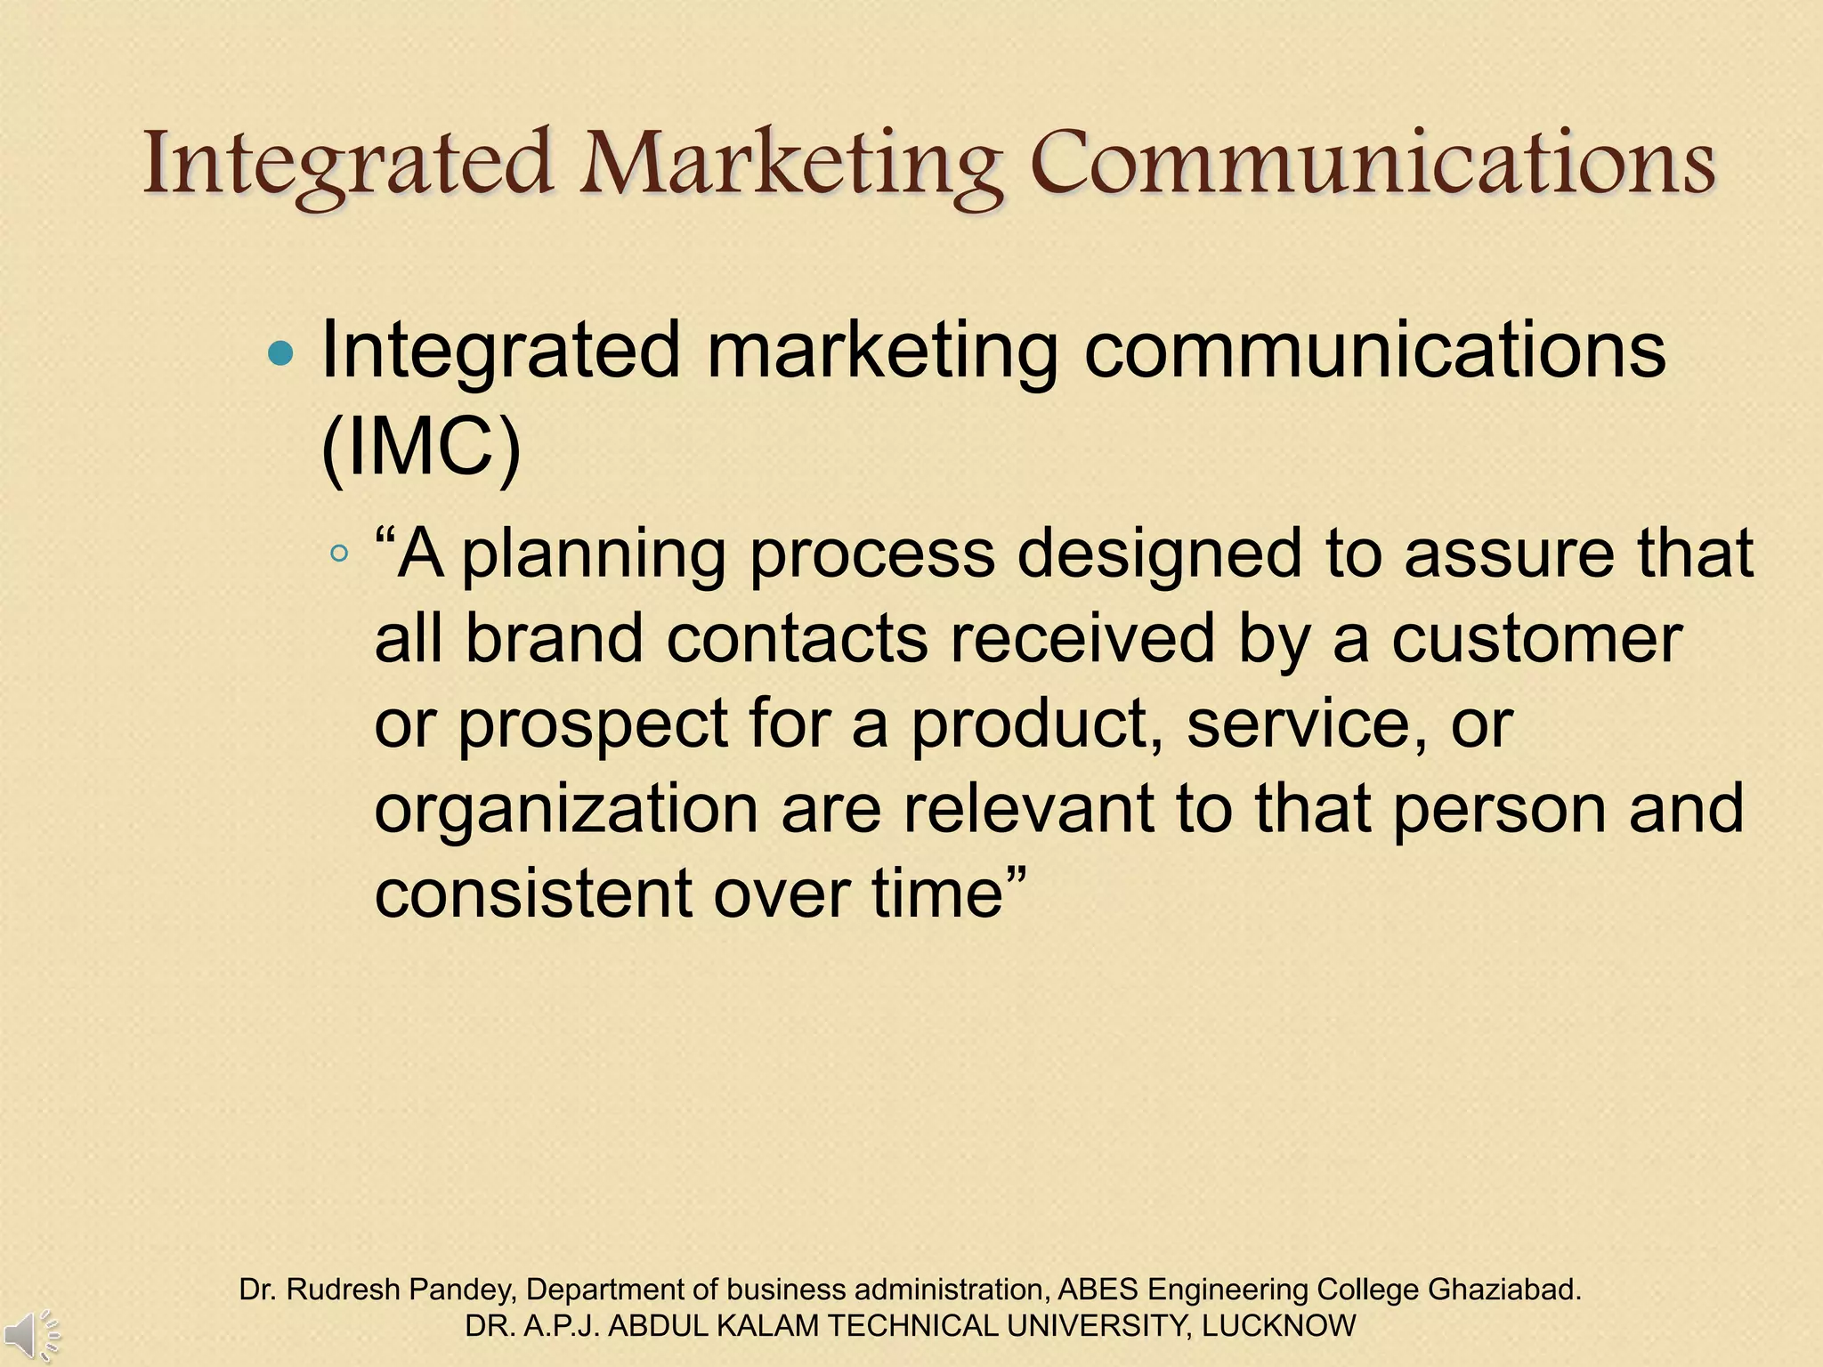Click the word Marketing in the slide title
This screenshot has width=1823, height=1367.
pyautogui.click(x=792, y=165)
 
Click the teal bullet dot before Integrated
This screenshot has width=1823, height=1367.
pyautogui.click(x=280, y=355)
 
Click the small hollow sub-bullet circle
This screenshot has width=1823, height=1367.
pyautogui.click(x=338, y=554)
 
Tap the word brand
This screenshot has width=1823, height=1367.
pyautogui.click(x=554, y=639)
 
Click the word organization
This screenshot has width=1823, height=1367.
pyautogui.click(x=566, y=810)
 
